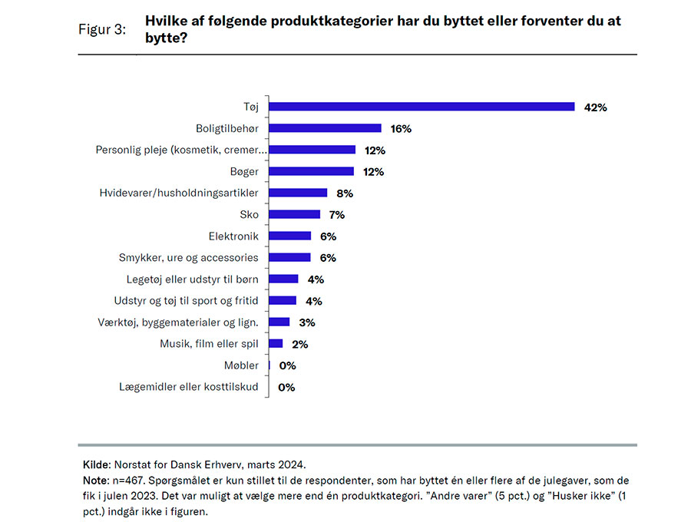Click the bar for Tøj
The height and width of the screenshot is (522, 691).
point(422,107)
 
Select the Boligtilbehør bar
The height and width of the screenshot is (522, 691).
point(326,128)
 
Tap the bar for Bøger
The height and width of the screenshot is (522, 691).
point(312,171)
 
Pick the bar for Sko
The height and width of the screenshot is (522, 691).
point(295,214)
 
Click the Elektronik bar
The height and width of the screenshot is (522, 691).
point(290,236)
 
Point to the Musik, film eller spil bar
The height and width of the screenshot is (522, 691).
point(276,344)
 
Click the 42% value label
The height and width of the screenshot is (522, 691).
point(594,107)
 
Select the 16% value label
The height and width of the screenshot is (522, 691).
point(401,129)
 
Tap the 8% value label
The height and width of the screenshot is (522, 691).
point(344,193)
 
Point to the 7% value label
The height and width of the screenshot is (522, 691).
point(337,215)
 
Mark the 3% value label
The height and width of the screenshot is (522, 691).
point(307,322)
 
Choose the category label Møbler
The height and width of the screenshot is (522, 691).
point(243,365)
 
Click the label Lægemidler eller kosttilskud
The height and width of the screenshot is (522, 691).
point(189,387)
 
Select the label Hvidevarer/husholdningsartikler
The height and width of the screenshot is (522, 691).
point(179,193)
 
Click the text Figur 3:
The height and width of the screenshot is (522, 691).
point(102,30)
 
